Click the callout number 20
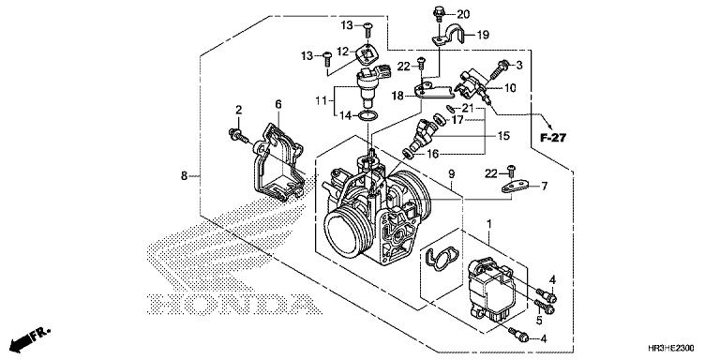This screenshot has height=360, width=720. [463, 15]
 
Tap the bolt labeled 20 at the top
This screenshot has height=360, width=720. [439, 13]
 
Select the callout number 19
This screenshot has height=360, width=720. [484, 35]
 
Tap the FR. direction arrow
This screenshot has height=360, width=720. [29, 334]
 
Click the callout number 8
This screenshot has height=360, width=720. [184, 175]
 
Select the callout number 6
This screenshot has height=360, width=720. [277, 103]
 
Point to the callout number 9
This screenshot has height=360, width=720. [451, 174]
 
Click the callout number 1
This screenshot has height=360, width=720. [490, 224]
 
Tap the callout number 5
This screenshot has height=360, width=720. [539, 319]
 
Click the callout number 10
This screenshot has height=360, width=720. [510, 88]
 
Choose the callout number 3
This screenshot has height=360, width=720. [517, 64]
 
